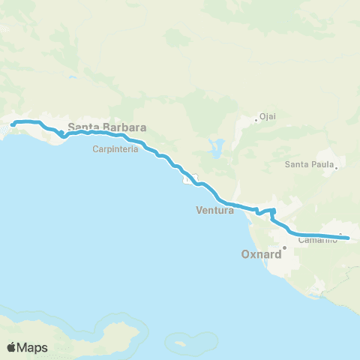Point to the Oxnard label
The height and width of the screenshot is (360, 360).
[261, 254]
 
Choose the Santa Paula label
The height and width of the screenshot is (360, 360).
[308, 164]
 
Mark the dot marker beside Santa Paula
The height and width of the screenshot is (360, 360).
[337, 168]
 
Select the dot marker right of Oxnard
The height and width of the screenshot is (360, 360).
[284, 247]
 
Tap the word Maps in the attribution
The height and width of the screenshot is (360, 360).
[34, 347]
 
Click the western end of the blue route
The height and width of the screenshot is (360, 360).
[13, 124]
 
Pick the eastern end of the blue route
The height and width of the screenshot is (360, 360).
[349, 240]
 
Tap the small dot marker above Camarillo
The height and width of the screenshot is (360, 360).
[340, 235]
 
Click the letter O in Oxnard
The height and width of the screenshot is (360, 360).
[245, 254]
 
